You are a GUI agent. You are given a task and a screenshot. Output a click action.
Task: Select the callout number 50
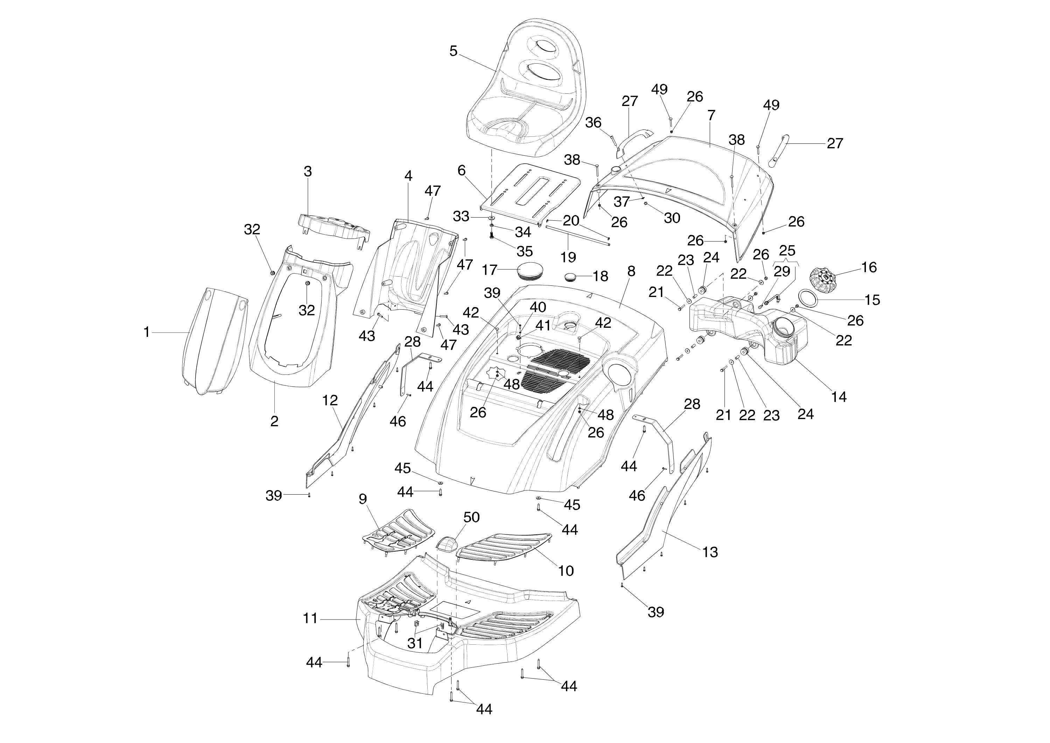pyautogui.click(x=471, y=517)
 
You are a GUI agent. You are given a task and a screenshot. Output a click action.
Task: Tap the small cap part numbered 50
pyautogui.click(x=446, y=544)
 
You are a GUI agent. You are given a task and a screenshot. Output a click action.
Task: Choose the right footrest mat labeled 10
pyautogui.click(x=504, y=547)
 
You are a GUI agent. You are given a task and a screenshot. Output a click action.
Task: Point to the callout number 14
pyautogui.click(x=839, y=397)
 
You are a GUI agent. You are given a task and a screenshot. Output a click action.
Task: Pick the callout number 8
pyautogui.click(x=631, y=271)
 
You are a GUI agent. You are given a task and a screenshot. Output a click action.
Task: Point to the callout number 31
pyautogui.click(x=415, y=643)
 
